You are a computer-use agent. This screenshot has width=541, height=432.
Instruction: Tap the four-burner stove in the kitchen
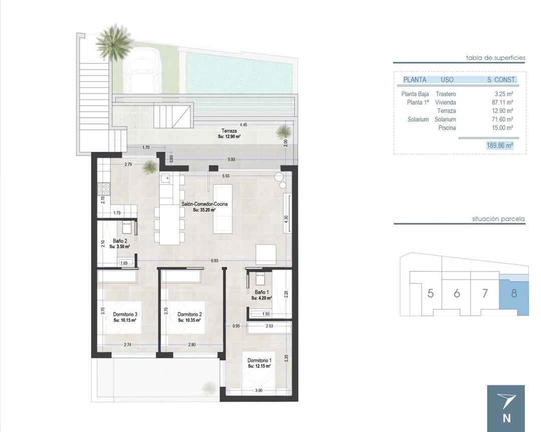click(104, 189)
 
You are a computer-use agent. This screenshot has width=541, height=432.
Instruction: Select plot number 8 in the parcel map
click(513, 293)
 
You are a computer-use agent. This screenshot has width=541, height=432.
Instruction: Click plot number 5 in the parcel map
click(430, 293)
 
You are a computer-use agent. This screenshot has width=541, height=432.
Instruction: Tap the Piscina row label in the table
click(446, 128)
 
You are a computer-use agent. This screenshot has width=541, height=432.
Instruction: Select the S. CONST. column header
click(501, 80)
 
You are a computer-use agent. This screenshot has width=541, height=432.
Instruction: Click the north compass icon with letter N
click(506, 408)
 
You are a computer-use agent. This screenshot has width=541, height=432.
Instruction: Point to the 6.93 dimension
click(214, 261)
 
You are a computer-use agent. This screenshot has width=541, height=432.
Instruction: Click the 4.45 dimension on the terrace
click(243, 125)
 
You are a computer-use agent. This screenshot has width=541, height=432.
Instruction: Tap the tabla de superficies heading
click(495, 58)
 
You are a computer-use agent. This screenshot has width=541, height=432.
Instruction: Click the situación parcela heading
click(498, 219)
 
